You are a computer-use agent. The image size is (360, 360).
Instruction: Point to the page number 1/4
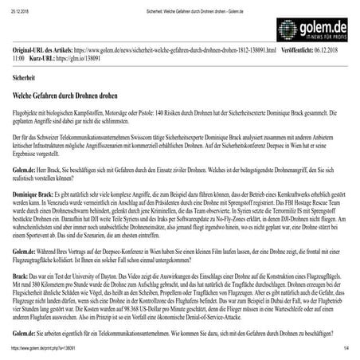346,349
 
